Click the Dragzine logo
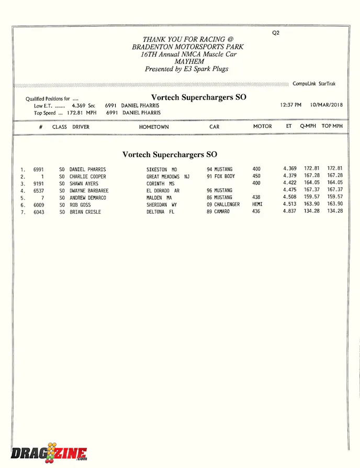click(49, 452)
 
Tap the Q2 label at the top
click(276, 32)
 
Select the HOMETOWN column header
click(154, 127)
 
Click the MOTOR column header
click(263, 126)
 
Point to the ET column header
click(289, 126)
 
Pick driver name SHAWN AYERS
click(84, 184)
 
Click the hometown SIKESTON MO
click(162, 170)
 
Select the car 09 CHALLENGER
click(223, 205)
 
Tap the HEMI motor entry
click(257, 204)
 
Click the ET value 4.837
click(290, 211)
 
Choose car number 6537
click(39, 191)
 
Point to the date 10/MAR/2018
click(327, 105)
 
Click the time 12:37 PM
click(290, 105)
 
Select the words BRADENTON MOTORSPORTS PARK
click(188, 47)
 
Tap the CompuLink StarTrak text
click(314, 84)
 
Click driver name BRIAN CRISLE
click(85, 212)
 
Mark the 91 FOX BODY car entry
click(221, 176)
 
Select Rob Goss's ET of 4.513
click(290, 204)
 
